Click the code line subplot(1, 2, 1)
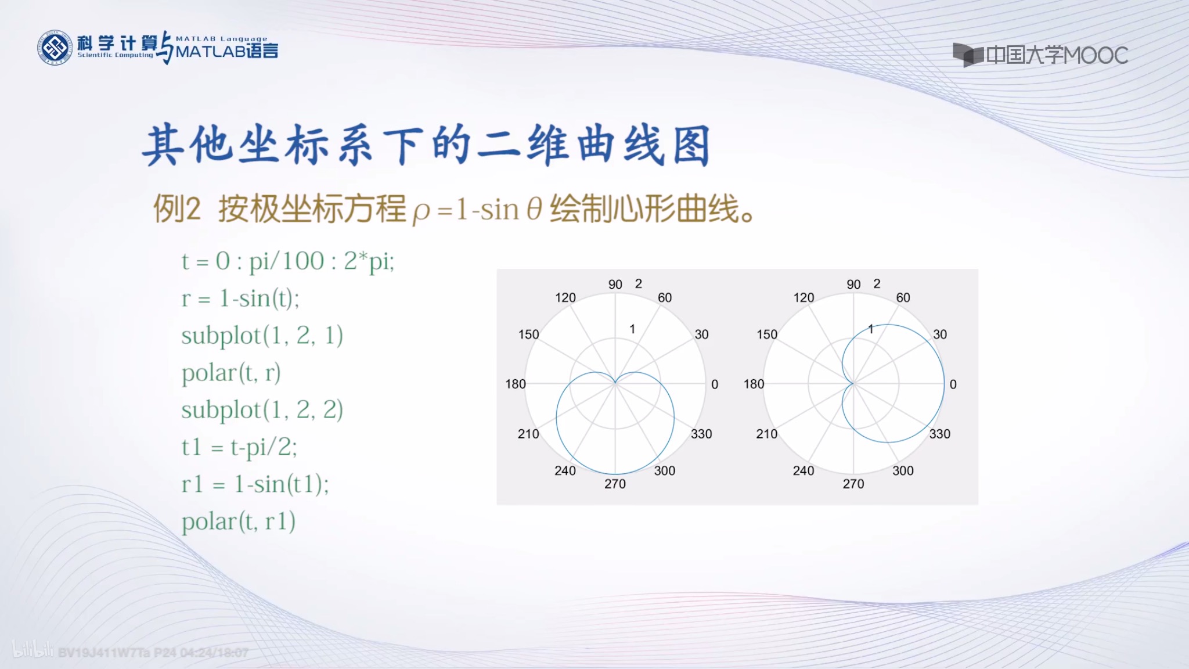pyautogui.click(x=262, y=336)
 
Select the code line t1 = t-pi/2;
pyautogui.click(x=239, y=447)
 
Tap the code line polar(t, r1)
pyautogui.click(x=238, y=521)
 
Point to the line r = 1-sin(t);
pyautogui.click(x=240, y=298)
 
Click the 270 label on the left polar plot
pyautogui.click(x=615, y=484)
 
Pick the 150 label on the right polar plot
pyautogui.click(x=766, y=334)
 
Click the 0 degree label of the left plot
pyautogui.click(x=715, y=384)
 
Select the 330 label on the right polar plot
pyautogui.click(x=939, y=434)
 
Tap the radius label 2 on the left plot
pyautogui.click(x=639, y=284)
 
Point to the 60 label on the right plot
pyautogui.click(x=903, y=298)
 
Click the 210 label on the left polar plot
pyautogui.click(x=528, y=434)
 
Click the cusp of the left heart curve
pyautogui.click(x=615, y=383)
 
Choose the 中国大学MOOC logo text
pyautogui.click(x=1056, y=56)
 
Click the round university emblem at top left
pyautogui.click(x=55, y=48)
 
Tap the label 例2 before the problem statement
pyautogui.click(x=176, y=209)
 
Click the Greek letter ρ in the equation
pyautogui.click(x=421, y=211)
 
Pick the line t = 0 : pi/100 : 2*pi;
pyautogui.click(x=288, y=261)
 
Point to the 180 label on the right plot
pyautogui.click(x=754, y=384)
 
